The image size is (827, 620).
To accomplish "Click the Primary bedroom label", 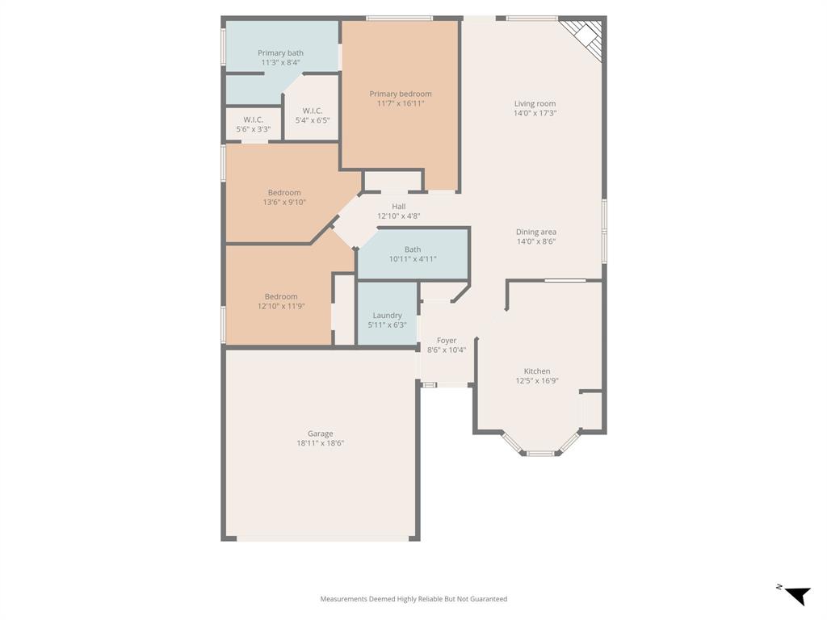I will point(401,94).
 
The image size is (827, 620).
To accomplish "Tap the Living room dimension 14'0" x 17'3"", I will point(535,113).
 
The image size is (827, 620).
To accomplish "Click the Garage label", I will point(320,434).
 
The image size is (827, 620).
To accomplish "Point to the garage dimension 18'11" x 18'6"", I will point(320,443).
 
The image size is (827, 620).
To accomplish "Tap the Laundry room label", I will point(387,316).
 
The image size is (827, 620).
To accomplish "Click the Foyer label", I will point(447,341).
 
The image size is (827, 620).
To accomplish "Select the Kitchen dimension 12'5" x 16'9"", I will point(537,381).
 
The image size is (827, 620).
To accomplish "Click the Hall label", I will point(399,207).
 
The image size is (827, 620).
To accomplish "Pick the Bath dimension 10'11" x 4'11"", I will point(413,259).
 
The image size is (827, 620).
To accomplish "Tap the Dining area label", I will point(536,232).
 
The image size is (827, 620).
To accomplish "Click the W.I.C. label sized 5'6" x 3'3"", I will point(254,119).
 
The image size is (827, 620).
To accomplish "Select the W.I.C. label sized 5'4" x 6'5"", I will point(313,111).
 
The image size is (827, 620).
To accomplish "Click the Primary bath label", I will point(280,52).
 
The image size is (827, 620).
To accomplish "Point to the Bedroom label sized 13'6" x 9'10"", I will point(284,193).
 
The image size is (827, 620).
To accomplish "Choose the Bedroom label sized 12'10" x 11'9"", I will point(281,296).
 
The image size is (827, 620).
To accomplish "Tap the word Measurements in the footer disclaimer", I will point(344,599).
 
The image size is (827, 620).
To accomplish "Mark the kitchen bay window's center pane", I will point(540,454).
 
